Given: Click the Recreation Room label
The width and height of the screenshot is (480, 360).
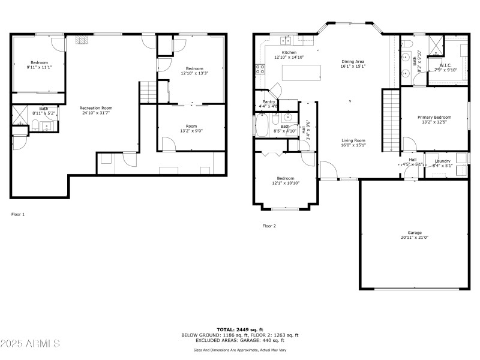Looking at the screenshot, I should tap(96, 108).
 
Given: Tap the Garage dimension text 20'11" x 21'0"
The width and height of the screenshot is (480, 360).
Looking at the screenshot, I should tap(415, 238).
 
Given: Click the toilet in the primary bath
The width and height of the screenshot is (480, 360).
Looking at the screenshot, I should tap(407, 44).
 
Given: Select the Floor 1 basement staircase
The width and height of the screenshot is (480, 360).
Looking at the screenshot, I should tap(148, 92).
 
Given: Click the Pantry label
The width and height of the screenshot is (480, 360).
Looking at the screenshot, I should tap(269, 102).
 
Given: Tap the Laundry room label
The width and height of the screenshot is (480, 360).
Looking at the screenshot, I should tap(443, 161).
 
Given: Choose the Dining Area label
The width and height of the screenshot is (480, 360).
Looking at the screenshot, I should tap(353, 62).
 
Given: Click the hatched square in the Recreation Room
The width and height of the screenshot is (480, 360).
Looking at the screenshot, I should tap(82, 41).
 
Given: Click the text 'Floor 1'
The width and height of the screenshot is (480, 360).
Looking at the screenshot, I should tap(18, 214).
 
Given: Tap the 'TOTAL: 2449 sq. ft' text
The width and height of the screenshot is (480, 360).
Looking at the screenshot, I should tap(240, 329).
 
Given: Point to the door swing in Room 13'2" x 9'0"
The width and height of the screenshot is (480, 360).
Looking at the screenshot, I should tap(169, 144).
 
